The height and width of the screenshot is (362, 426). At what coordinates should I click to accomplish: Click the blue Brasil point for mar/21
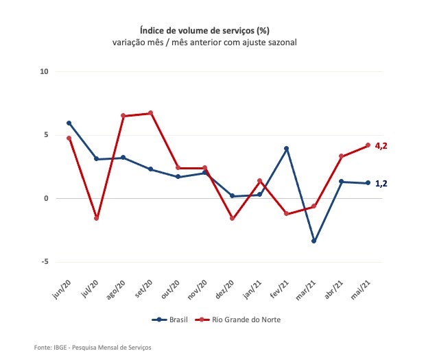(314, 241)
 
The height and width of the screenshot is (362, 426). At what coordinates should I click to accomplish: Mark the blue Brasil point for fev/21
(286, 148)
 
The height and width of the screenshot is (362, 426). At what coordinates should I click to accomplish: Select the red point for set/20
(150, 113)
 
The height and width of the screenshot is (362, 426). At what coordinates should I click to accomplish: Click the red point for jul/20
(96, 218)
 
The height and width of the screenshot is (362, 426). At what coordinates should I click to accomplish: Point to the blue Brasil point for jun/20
(69, 123)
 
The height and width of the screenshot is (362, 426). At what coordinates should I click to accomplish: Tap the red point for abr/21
(341, 156)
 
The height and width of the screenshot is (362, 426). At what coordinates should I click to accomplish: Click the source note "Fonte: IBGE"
(92, 348)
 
